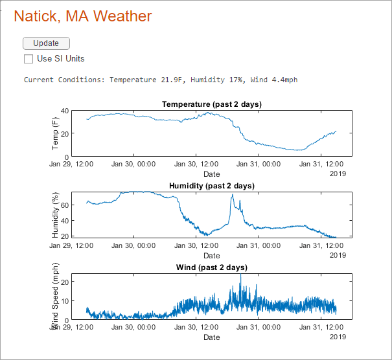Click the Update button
(x=46, y=43)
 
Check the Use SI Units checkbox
(x=29, y=59)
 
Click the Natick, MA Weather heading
(x=83, y=16)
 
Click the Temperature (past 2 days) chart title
(x=211, y=104)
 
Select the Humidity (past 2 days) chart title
(x=211, y=186)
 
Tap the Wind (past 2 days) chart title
(x=211, y=267)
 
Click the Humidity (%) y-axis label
(x=55, y=214)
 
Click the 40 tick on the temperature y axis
(x=64, y=111)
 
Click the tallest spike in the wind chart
(x=241, y=275)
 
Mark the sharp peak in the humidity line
(x=232, y=195)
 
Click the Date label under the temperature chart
(x=211, y=174)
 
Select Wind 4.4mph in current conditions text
(x=274, y=80)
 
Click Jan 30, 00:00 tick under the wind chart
(x=133, y=327)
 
